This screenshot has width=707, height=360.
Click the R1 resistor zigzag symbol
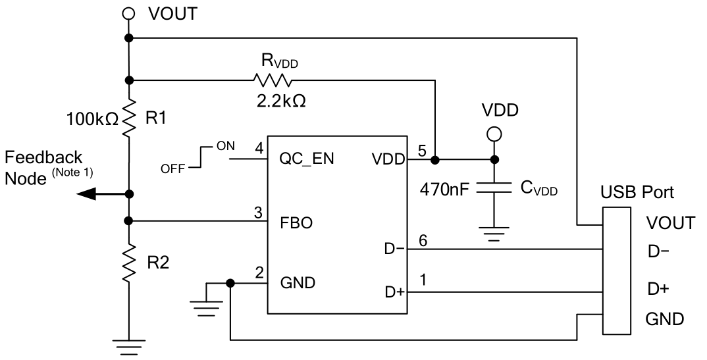tap(128, 119)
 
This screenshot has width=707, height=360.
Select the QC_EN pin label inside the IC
tap(307, 160)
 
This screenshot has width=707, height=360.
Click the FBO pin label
tap(296, 222)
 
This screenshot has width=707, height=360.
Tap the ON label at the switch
tap(223, 146)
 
